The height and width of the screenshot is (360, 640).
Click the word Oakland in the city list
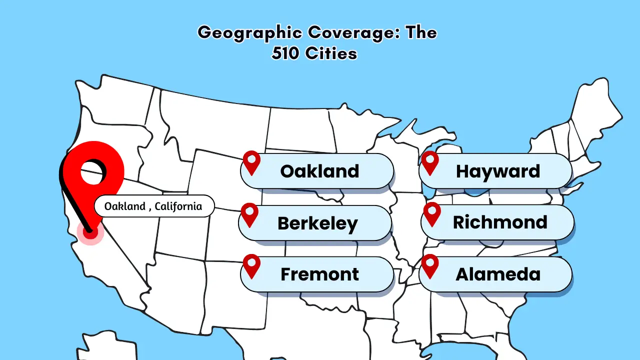[319, 171]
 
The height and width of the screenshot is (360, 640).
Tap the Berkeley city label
[317, 223]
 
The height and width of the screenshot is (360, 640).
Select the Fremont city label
[319, 274]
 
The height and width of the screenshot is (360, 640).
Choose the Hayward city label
[498, 171]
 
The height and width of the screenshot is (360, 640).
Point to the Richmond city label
[500, 222]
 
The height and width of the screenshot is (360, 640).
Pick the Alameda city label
[498, 274]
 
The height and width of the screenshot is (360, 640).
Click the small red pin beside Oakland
[251, 162]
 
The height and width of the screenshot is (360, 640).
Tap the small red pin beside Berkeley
[249, 214]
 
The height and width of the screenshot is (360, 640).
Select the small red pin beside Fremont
[251, 265]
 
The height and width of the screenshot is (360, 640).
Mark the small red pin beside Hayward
[430, 162]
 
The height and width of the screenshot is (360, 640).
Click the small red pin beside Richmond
[431, 213]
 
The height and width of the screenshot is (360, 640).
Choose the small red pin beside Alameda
[430, 265]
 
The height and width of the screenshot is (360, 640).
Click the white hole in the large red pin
[92, 171]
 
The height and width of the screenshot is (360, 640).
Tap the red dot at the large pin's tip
[90, 231]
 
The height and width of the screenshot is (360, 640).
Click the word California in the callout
[178, 206]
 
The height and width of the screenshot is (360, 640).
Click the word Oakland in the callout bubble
[124, 206]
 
